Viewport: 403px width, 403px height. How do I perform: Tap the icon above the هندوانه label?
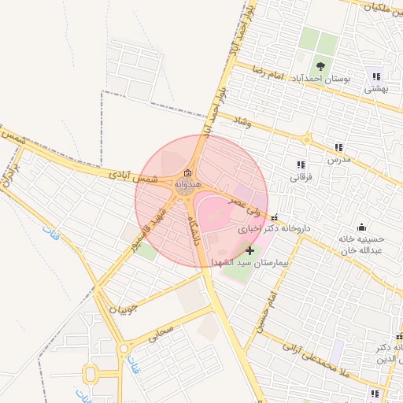coord(187,173)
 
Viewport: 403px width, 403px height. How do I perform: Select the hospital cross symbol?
coord(250,250)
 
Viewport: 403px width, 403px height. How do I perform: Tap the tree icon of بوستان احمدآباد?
coord(320,67)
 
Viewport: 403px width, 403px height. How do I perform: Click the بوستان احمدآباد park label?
coord(320,79)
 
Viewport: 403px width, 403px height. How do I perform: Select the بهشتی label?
coord(375,89)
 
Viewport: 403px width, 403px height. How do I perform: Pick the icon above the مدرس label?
coord(338,147)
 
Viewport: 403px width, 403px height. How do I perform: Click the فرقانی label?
coord(301,177)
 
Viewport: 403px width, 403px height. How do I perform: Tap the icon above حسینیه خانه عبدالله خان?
coord(361,227)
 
